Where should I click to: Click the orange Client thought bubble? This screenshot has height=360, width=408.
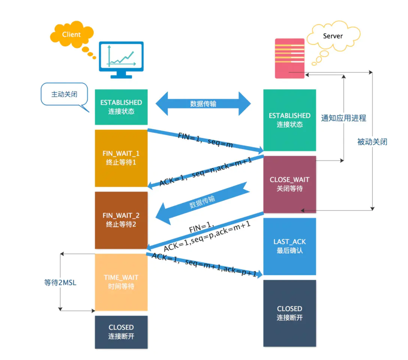tap(71, 35)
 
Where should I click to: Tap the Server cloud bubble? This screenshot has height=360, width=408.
tap(332, 36)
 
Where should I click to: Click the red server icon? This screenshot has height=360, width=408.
tap(289, 58)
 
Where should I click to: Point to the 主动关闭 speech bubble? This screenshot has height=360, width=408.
tap(64, 94)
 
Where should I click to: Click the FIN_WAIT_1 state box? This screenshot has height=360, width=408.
tap(121, 158)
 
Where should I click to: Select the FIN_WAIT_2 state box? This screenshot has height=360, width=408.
tap(121, 220)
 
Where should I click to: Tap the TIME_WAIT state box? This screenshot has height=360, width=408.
tap(121, 282)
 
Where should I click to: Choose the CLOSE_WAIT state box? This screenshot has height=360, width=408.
tap(289, 184)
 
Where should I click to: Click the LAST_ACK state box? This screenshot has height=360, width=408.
tap(289, 246)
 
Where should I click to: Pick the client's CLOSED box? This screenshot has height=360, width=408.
tap(121, 332)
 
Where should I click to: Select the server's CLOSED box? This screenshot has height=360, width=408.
tap(289, 313)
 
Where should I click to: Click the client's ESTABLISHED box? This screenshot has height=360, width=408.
tap(121, 107)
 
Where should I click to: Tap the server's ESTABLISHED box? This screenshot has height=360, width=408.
tap(289, 120)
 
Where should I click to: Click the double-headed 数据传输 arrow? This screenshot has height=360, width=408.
tap(203, 104)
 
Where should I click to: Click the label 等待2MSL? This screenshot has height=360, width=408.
tap(60, 283)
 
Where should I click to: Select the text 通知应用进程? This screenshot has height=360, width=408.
tap(343, 118)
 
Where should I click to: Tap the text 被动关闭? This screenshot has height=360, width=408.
tap(372, 142)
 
